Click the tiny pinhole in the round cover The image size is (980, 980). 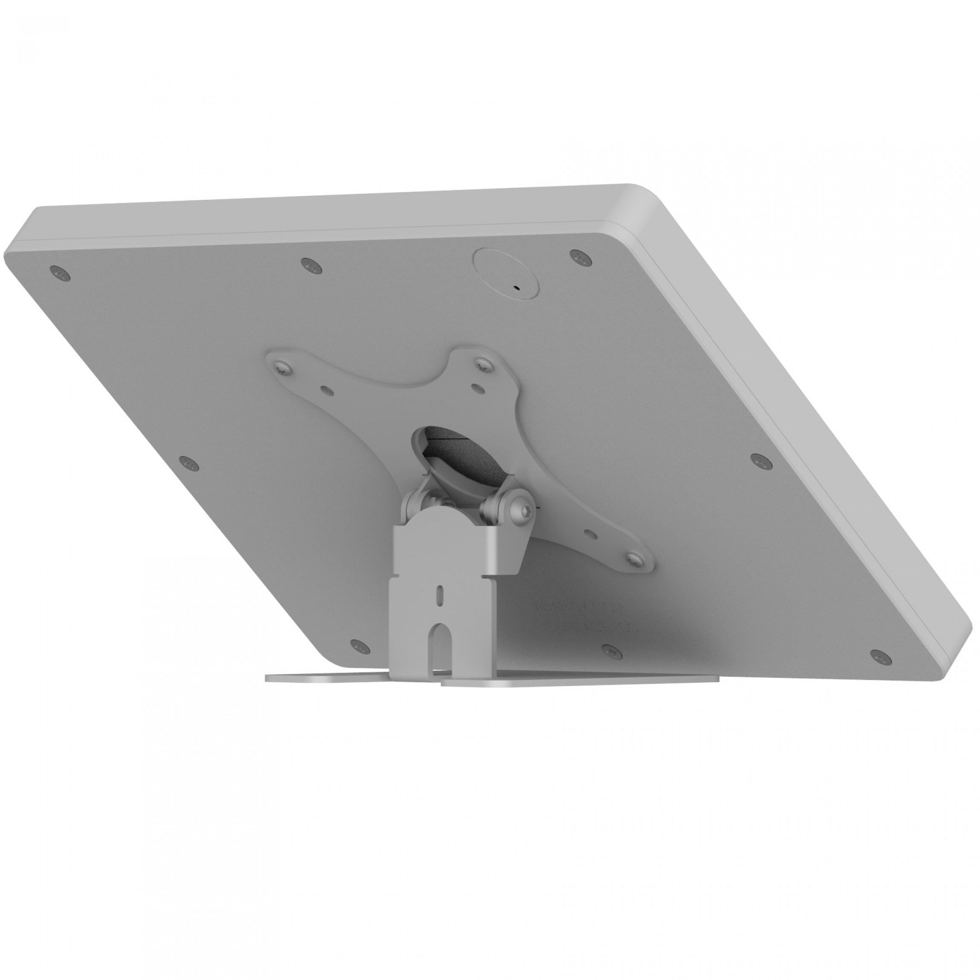(517, 287)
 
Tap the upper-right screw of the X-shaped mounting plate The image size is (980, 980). (482, 364)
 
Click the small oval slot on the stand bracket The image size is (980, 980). (440, 594)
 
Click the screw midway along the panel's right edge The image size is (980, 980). (759, 460)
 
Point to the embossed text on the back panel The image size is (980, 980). (583, 616)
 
